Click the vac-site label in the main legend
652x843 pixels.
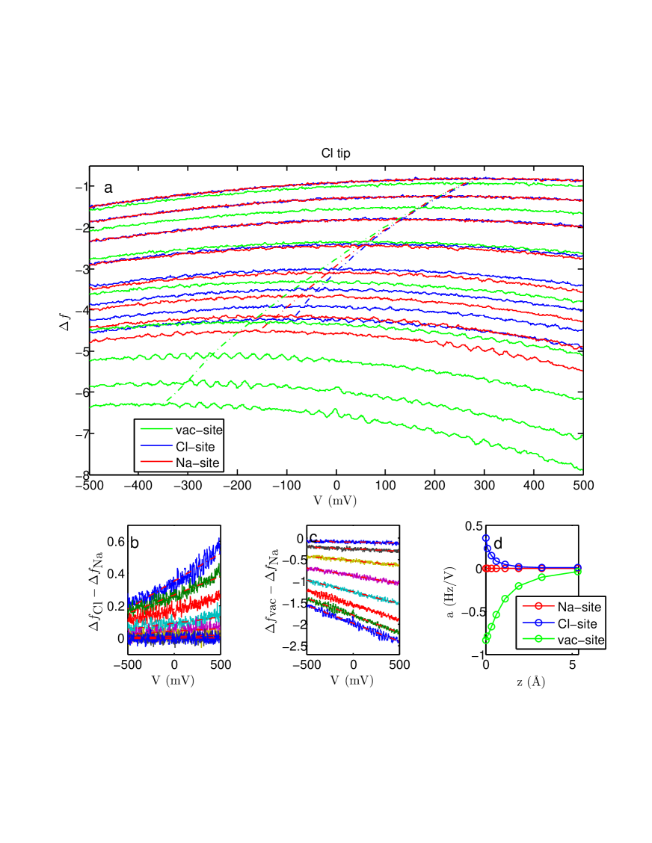(198, 430)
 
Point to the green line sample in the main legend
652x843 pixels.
(154, 430)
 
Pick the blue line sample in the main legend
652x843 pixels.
(154, 447)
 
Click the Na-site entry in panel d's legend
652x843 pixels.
(579, 608)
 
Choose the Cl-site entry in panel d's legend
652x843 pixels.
(579, 624)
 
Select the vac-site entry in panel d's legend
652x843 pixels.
(580, 640)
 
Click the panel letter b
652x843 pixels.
(135, 543)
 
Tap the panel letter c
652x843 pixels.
(313, 538)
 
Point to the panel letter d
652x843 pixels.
(498, 543)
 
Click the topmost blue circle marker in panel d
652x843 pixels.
(485, 538)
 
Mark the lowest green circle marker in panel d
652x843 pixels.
(486, 639)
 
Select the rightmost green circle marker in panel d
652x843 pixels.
(577, 572)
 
